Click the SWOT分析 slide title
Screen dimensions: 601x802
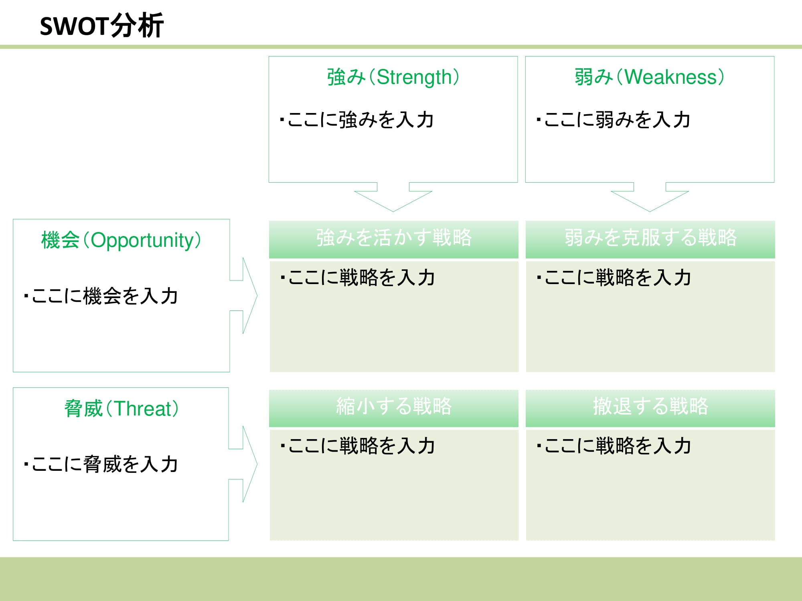(102, 26)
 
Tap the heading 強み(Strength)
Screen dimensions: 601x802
(393, 77)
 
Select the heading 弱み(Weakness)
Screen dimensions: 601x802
(649, 77)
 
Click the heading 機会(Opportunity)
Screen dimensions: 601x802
(121, 240)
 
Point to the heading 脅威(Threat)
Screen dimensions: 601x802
(121, 409)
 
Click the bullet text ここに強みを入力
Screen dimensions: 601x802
(357, 120)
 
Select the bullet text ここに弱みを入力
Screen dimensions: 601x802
(614, 120)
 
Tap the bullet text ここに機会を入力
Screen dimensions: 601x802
(101, 296)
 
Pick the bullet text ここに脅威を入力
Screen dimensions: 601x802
(101, 464)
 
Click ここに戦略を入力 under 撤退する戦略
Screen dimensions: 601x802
(614, 446)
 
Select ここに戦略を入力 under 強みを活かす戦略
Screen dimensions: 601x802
(358, 278)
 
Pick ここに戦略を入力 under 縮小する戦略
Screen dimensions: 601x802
(358, 446)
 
